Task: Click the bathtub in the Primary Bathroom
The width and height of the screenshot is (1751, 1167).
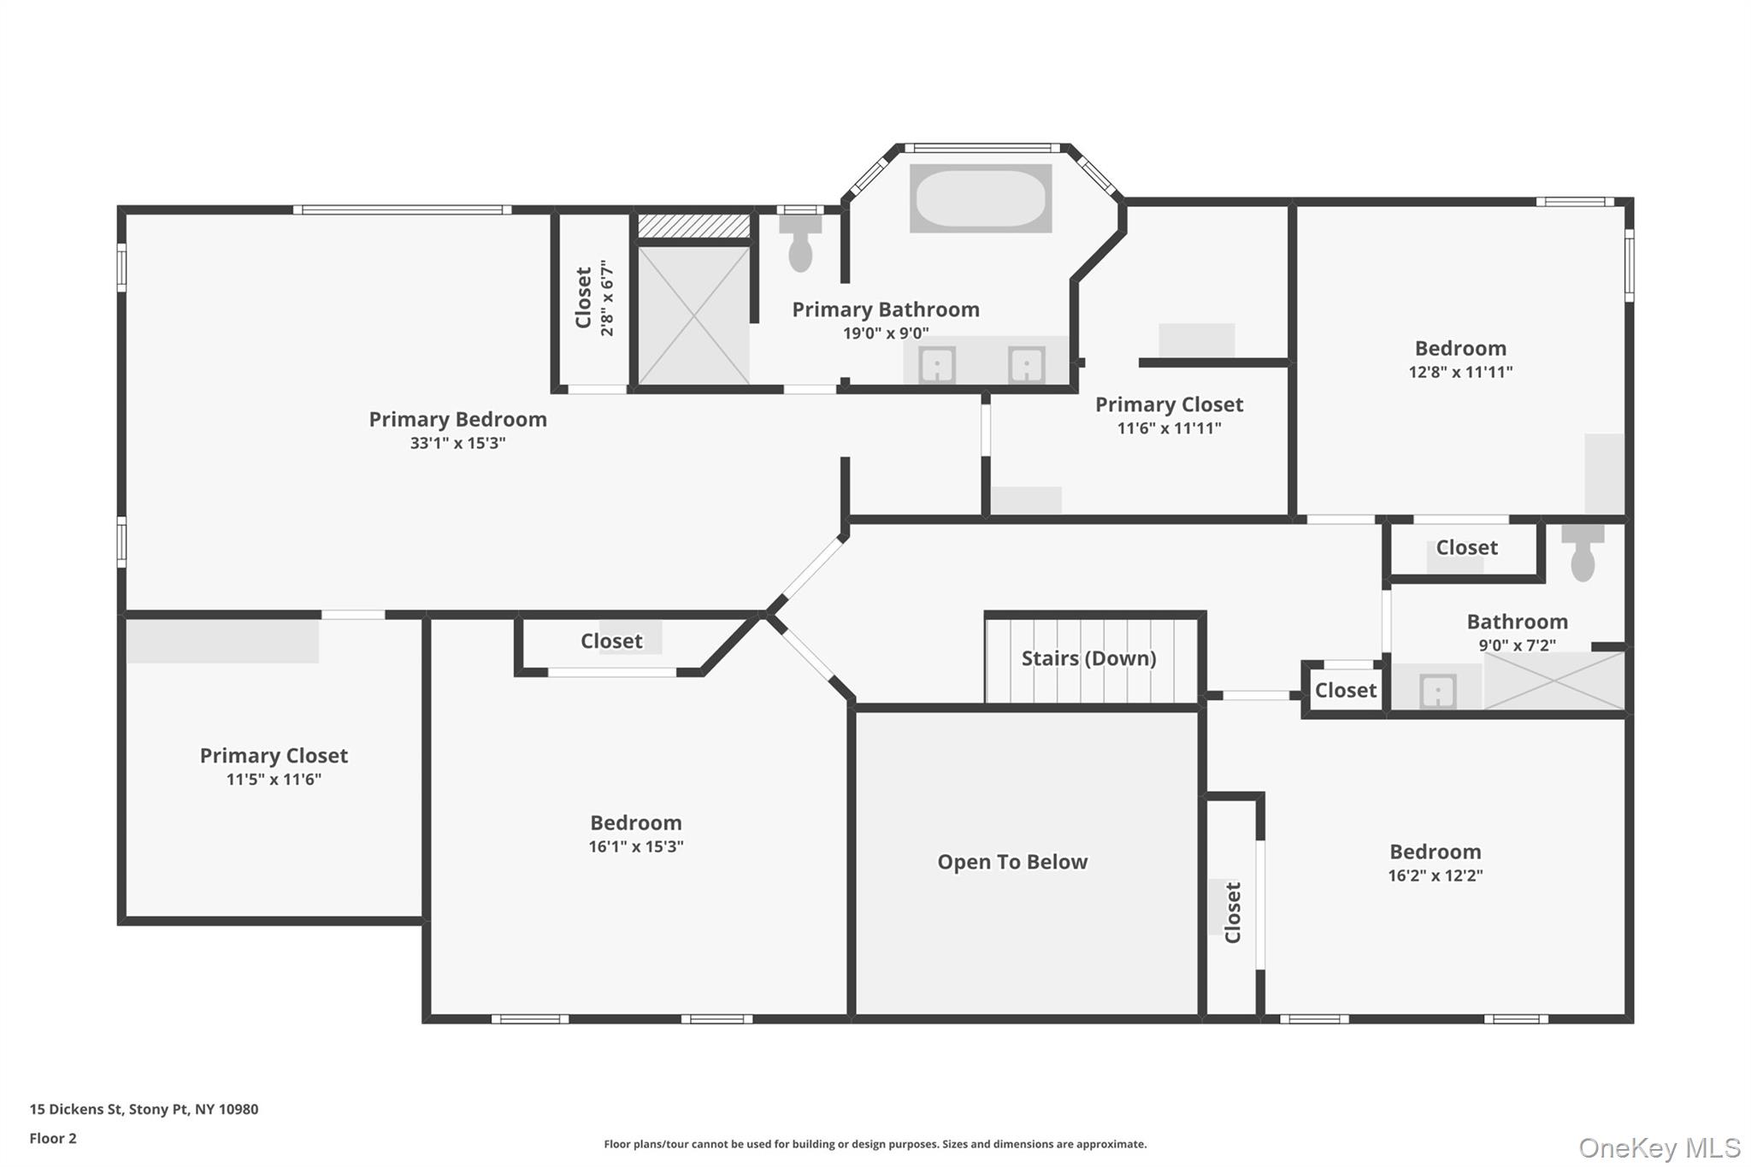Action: coord(980,198)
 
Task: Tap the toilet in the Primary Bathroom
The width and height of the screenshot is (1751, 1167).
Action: coord(800,245)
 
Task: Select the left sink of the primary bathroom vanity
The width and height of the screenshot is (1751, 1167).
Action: coord(937,366)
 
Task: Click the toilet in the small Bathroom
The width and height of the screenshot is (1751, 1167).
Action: coord(1583,555)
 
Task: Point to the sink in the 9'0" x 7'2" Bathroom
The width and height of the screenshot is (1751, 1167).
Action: coord(1437,691)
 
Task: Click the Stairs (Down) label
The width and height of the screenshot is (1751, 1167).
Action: coord(1088,658)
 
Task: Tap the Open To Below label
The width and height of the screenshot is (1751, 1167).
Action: coord(1012,862)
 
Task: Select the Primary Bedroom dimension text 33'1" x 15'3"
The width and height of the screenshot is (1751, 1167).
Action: coord(457,443)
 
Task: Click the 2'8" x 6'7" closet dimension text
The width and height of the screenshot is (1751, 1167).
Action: coord(607,298)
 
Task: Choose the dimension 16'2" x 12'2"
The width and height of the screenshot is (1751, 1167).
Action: coord(1435,875)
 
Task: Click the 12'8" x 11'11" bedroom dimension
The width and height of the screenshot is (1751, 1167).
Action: coord(1460,372)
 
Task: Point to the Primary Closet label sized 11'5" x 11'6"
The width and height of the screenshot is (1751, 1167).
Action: coord(274,756)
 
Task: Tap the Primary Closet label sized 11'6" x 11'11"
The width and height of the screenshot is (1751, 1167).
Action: coord(1169,404)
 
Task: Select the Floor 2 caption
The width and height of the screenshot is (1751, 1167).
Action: coord(53,1138)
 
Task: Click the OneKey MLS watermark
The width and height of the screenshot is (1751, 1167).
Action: coord(1659,1147)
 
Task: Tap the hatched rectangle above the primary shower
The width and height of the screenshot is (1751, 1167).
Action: coord(693,226)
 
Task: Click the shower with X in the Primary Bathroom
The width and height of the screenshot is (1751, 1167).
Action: coord(693,315)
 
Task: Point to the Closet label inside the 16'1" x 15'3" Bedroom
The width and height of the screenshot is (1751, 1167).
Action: coord(611,641)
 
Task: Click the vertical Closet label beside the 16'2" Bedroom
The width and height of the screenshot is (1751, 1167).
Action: coord(1232,912)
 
